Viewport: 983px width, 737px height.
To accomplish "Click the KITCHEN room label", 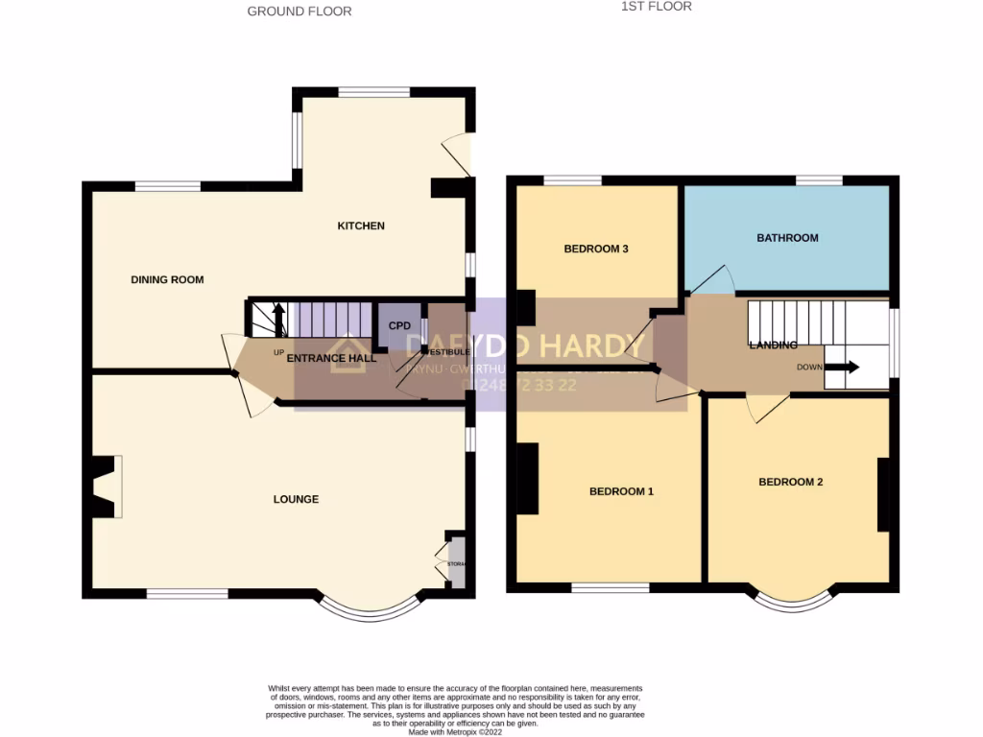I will [360, 226].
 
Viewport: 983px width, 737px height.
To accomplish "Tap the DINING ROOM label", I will [168, 280].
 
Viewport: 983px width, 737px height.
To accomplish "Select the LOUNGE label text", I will [296, 499].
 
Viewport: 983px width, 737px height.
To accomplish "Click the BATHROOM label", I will [787, 238].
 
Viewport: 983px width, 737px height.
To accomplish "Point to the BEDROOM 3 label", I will [595, 250].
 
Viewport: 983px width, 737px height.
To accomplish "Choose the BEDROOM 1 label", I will [621, 491].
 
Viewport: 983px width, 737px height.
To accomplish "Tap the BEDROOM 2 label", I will [791, 482].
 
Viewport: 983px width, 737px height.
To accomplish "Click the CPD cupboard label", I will [399, 326].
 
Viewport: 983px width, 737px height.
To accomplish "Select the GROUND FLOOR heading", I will [300, 12].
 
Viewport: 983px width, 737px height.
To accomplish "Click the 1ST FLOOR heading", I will [657, 7].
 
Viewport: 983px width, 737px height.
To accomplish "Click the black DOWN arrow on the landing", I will [844, 367].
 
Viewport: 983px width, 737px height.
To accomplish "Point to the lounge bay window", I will [370, 608].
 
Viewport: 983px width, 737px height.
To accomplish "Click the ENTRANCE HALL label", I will [331, 358].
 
